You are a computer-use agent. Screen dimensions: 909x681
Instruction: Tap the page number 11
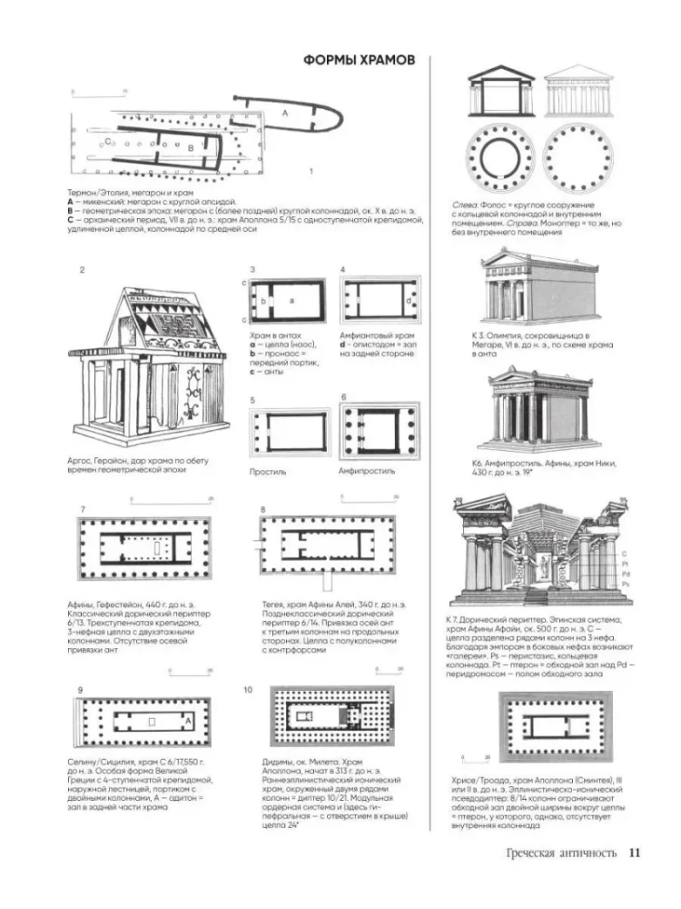tap(634, 852)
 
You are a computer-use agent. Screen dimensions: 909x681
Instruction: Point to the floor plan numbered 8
tap(328, 543)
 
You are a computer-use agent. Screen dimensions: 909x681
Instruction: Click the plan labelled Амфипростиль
tap(380, 429)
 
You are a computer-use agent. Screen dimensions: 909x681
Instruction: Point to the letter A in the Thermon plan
tap(285, 112)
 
